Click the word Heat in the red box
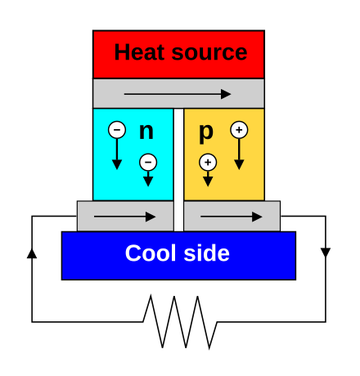[x=139, y=52]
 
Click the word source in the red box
[x=209, y=53]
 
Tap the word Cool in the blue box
[x=151, y=253]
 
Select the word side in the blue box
[x=206, y=253]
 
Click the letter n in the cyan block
[x=146, y=132]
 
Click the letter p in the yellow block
[x=206, y=133]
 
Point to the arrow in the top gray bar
[x=178, y=94]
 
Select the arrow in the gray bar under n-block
[x=124, y=217]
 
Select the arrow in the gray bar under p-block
[x=232, y=217]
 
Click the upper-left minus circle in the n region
[x=117, y=130]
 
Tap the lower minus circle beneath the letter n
[x=148, y=163]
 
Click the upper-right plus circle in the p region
[x=239, y=130]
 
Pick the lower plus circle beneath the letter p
[x=208, y=163]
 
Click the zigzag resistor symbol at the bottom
[x=180, y=322]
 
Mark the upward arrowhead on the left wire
[x=32, y=253]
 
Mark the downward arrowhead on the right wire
[x=326, y=253]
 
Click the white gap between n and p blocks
[x=178, y=170]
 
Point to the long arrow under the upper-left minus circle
[x=117, y=154]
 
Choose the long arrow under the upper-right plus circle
[x=239, y=154]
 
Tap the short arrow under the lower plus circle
[x=208, y=179]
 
